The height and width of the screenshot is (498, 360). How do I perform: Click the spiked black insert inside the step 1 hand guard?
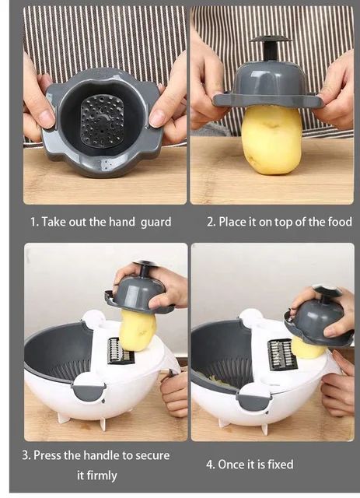(102, 120)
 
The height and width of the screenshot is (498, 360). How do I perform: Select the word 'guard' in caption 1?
(156, 222)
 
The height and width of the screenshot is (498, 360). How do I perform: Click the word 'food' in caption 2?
(336, 222)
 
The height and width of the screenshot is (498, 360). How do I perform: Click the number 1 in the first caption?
(33, 222)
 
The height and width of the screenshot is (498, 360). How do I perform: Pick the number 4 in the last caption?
(209, 465)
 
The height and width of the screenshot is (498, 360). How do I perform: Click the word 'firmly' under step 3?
(97, 475)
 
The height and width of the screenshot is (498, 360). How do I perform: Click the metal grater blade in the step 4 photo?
(281, 354)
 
